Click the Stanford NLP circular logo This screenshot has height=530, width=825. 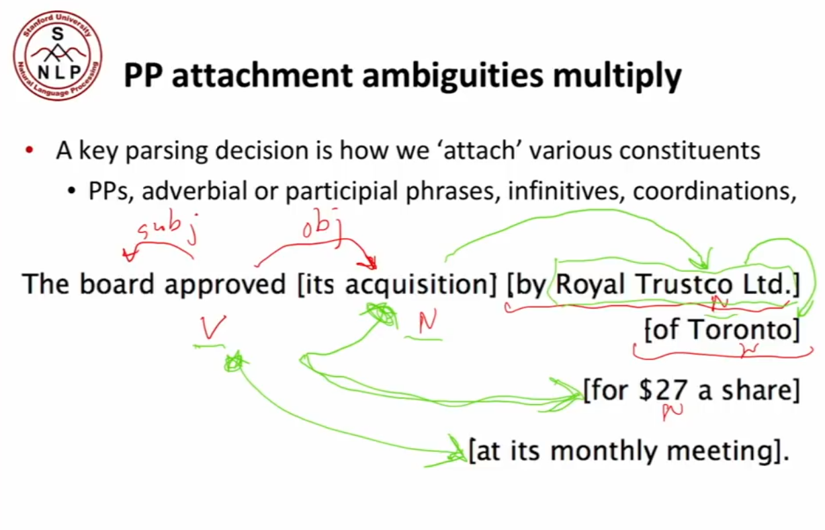(58, 55)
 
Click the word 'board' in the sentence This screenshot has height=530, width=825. (116, 284)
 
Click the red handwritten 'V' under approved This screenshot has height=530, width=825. (213, 327)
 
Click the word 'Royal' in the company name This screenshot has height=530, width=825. (590, 285)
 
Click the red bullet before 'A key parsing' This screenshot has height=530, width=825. (30, 150)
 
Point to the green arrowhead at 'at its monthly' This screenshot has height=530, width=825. (451, 452)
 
